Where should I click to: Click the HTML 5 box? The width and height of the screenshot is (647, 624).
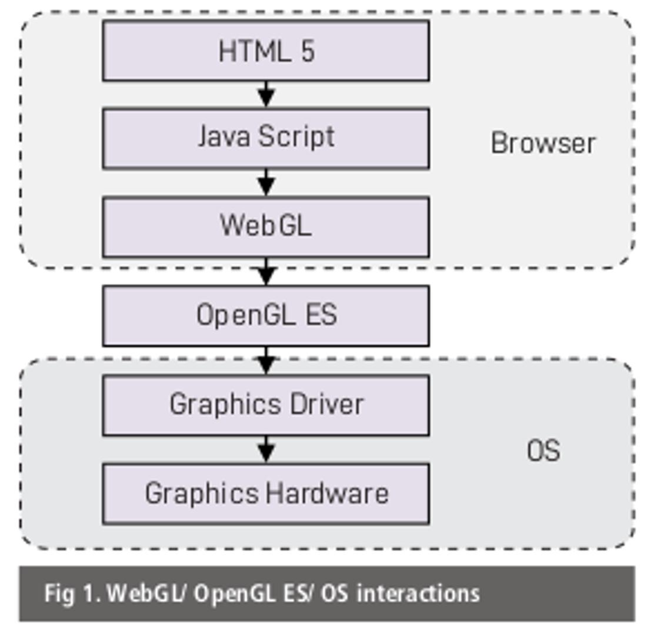pyautogui.click(x=266, y=51)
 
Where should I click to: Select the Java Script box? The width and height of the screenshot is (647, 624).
pyautogui.click(x=266, y=138)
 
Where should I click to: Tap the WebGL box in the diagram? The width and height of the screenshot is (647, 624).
pyautogui.click(x=266, y=226)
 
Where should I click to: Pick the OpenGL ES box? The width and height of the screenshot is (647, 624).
pyautogui.click(x=266, y=315)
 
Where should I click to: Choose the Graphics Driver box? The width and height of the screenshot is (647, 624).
pyautogui.click(x=266, y=405)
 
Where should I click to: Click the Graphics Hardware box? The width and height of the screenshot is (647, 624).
pyautogui.click(x=266, y=493)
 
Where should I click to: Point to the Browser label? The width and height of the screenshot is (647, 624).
pyautogui.click(x=543, y=143)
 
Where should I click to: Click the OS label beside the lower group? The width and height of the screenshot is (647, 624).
pyautogui.click(x=543, y=451)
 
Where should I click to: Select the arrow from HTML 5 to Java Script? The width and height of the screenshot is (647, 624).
pyautogui.click(x=266, y=94)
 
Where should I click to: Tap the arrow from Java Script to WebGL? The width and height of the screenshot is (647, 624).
pyautogui.click(x=266, y=182)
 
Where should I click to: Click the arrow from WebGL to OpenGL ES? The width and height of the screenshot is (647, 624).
pyautogui.click(x=266, y=272)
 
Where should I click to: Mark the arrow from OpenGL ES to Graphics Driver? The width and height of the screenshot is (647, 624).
pyautogui.click(x=266, y=361)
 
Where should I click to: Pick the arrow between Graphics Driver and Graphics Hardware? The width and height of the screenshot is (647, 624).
pyautogui.click(x=266, y=449)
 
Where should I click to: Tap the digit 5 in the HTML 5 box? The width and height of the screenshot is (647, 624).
pyautogui.click(x=308, y=51)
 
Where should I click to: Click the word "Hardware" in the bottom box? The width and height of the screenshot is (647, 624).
pyautogui.click(x=327, y=493)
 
